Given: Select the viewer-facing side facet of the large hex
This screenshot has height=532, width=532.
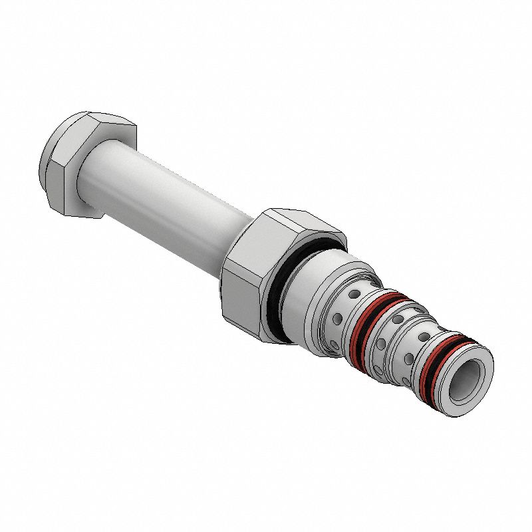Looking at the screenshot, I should coord(243,299).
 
